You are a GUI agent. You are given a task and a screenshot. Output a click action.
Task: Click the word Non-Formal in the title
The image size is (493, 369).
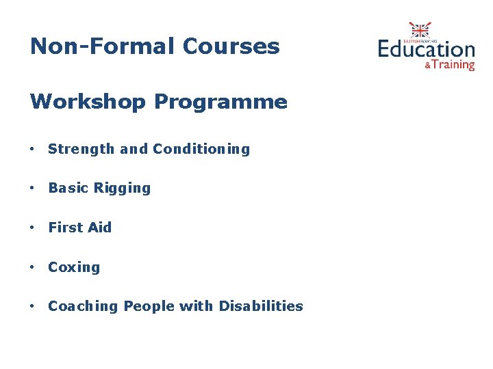tap(103, 46)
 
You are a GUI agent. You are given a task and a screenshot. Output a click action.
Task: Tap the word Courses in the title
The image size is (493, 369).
tap(231, 46)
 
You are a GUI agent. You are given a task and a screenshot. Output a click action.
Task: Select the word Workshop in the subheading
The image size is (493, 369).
tap(88, 102)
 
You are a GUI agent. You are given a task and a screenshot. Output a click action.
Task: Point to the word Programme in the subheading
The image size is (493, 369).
tap(220, 103)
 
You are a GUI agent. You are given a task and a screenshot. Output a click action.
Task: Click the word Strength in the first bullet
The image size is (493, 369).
tap(81, 149)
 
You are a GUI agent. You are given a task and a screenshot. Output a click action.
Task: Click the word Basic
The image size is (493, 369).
tap(67, 188)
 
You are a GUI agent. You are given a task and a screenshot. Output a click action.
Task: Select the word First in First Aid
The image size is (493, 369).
tap(64, 228)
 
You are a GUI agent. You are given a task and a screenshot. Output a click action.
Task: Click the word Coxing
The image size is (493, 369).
tap(74, 268)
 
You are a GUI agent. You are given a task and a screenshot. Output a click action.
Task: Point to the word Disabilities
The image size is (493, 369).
tap(261, 306)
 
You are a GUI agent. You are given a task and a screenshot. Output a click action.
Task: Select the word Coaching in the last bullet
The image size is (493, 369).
tap(83, 307)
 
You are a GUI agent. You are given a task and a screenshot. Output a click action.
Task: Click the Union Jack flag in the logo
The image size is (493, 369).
tap(420, 30)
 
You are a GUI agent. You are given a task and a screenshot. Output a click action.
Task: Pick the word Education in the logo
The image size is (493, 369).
tap(426, 49)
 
